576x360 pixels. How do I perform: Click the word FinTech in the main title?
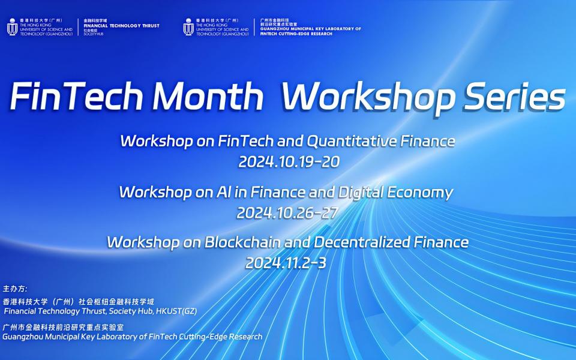(76, 96)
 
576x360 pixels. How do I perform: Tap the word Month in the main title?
(208, 96)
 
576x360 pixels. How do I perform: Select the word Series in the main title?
(514, 98)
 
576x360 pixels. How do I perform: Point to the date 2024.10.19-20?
(289, 161)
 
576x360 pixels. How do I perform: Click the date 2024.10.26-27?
(287, 212)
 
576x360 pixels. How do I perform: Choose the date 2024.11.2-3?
(286, 263)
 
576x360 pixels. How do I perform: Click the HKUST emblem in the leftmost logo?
(12, 27)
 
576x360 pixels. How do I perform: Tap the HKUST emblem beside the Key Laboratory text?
(188, 27)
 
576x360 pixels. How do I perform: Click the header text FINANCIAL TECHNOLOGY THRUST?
(122, 26)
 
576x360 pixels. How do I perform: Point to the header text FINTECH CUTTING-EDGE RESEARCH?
(296, 34)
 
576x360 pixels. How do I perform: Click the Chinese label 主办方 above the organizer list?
(14, 289)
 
